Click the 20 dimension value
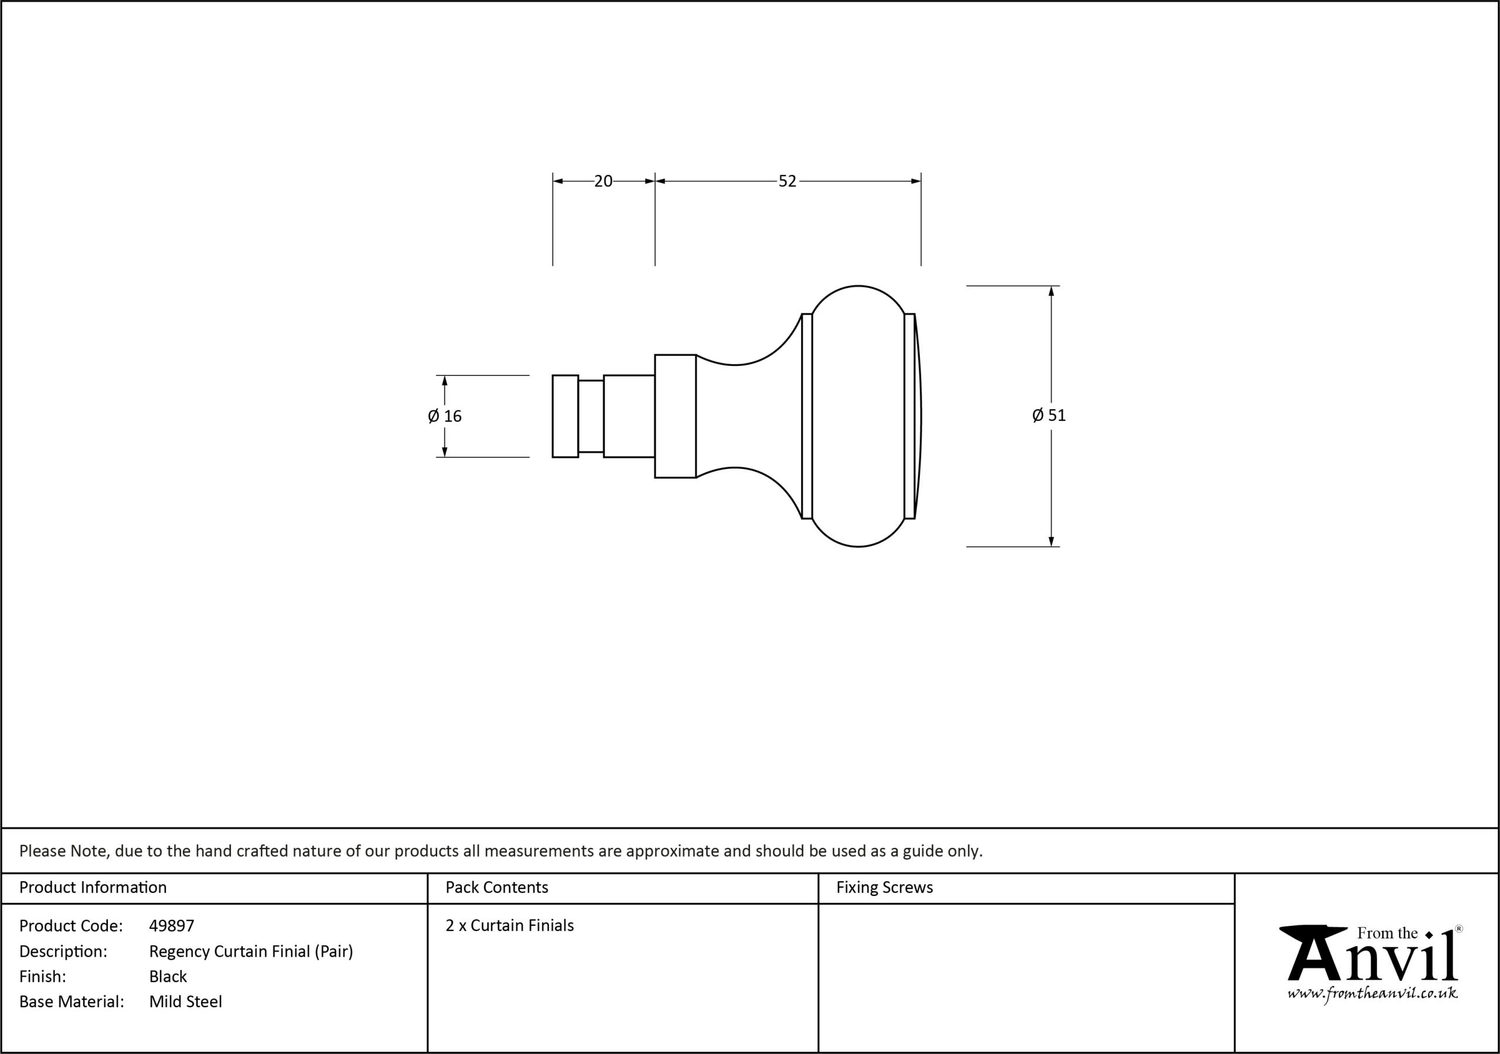tap(603, 181)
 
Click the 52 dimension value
tap(787, 181)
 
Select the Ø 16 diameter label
tap(445, 416)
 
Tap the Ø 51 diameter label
tap(1049, 415)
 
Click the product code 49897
tap(172, 925)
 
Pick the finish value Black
tap(168, 976)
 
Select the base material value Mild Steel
tap(186, 1001)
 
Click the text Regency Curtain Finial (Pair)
tap(251, 952)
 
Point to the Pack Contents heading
tap(496, 888)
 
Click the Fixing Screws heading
tap(885, 888)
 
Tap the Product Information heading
tap(93, 888)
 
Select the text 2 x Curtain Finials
tap(510, 925)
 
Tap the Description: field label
tap(63, 952)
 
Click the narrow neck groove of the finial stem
tap(591, 416)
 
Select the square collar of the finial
tap(676, 416)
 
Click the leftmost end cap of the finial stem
tap(565, 416)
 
